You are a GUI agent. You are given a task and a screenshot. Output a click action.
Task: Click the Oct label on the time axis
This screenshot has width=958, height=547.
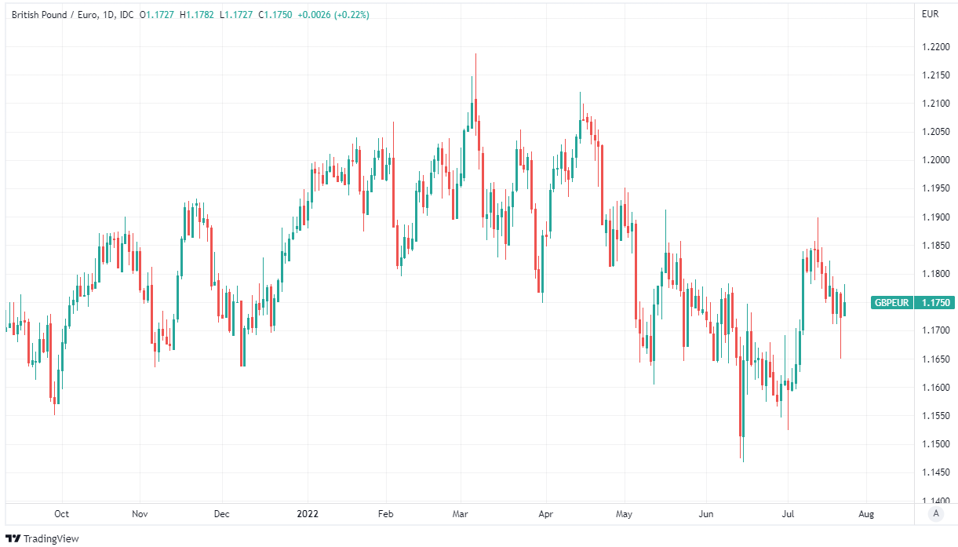point(61,514)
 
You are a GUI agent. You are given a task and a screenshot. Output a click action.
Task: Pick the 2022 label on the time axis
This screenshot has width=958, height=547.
point(308,514)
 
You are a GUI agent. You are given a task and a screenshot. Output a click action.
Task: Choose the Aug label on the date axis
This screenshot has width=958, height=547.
point(866,514)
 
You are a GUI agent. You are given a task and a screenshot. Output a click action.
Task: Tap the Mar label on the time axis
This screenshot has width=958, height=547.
point(461,514)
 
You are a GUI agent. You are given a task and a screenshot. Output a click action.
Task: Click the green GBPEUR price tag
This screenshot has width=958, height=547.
point(892,302)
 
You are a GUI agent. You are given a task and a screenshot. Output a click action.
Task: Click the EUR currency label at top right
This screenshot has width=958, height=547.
point(931,14)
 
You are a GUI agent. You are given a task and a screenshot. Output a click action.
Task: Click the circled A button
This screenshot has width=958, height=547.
point(935,514)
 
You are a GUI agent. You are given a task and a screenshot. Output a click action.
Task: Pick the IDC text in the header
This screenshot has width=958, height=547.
point(127,14)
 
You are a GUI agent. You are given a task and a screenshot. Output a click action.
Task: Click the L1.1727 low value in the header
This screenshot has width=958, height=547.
point(236,14)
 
